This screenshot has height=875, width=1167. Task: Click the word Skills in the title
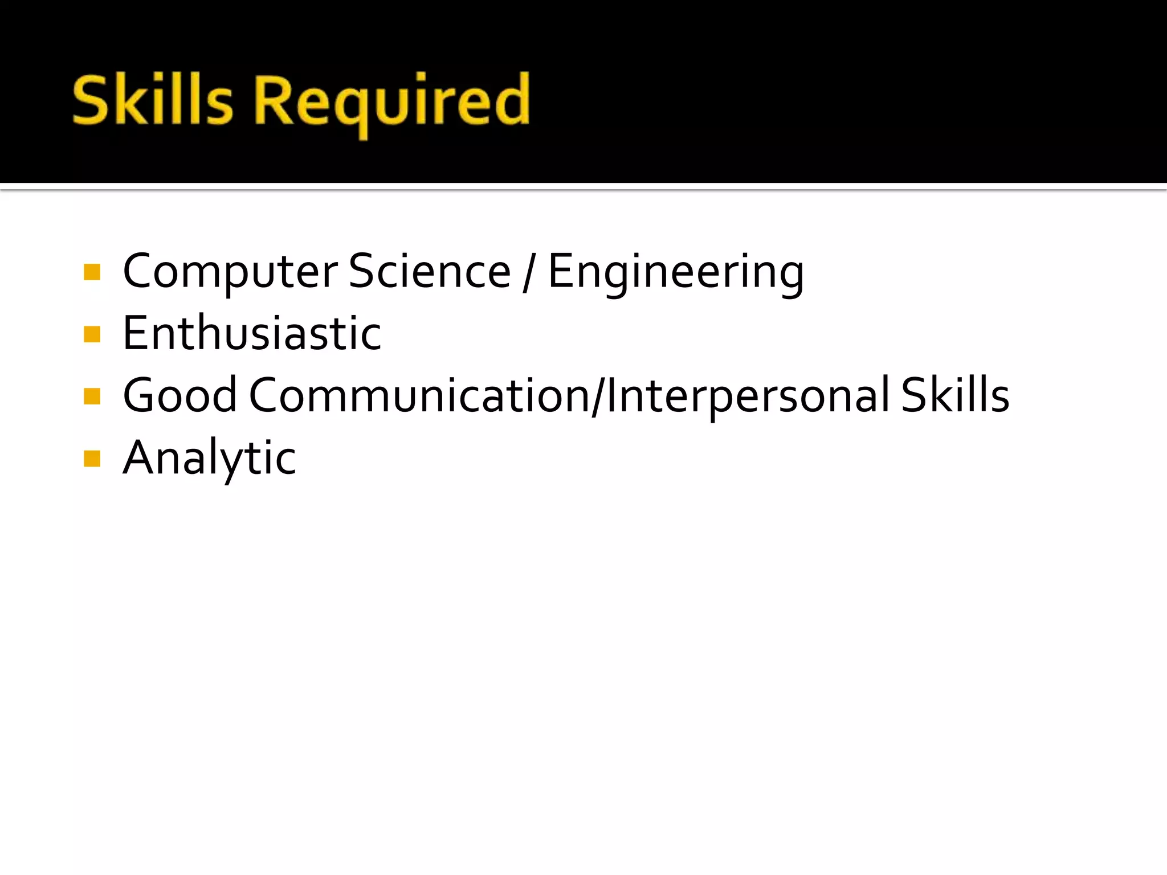pos(153,100)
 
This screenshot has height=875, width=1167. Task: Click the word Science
pos(430,271)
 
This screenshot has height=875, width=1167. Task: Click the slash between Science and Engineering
pos(529,272)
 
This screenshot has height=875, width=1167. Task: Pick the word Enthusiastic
pos(252,333)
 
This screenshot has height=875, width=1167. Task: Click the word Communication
pos(419,395)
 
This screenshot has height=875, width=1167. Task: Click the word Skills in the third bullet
pos(955,395)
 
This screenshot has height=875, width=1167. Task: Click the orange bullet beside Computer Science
pos(92,272)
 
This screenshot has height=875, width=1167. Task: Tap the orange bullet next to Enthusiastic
pos(92,334)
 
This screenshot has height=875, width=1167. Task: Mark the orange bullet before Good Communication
pos(92,396)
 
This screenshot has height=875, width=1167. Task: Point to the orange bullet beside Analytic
pos(92,458)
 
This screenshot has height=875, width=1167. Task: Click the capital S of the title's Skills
pos(91,100)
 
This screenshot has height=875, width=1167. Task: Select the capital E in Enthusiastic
pos(137,333)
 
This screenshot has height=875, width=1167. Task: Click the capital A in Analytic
pos(140,457)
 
